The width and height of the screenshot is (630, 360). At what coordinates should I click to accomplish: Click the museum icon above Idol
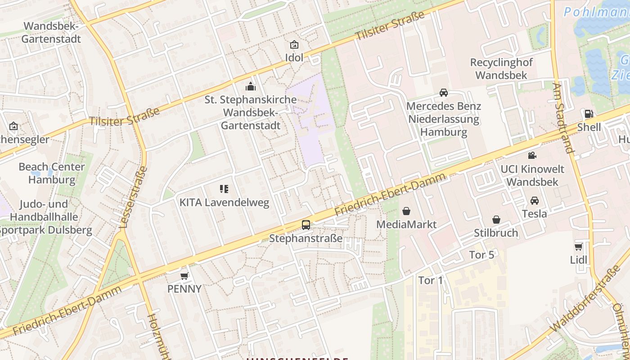coord(294,45)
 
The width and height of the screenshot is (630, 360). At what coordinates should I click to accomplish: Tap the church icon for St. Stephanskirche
coord(251,86)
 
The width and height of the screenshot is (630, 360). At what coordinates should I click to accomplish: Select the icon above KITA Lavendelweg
coord(224,189)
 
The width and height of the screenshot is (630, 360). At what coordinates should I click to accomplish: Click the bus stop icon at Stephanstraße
coord(306,225)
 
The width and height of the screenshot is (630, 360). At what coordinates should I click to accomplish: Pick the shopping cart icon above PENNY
coord(184,275)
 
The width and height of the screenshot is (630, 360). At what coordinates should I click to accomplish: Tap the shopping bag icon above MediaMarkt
coord(406,211)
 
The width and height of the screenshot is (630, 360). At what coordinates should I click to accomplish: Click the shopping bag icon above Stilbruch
coord(496,220)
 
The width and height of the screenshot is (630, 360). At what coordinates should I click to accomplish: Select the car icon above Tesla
coord(534,200)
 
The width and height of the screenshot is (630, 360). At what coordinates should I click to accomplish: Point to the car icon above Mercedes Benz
coord(443,93)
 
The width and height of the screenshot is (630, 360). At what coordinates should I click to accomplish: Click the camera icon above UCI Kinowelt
coord(532,156)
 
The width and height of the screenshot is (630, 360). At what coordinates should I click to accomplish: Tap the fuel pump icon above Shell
coord(589,114)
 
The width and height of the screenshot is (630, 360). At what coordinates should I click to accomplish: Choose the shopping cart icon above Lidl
coord(578,247)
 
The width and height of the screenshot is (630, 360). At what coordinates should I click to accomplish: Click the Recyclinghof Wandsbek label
coord(501,69)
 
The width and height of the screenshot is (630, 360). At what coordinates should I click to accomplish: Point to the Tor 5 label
coord(481,255)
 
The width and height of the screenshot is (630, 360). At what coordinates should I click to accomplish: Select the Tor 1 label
coord(431,280)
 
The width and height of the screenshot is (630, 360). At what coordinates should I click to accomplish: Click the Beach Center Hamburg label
coord(52,173)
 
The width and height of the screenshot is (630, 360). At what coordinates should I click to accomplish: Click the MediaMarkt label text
coord(406,224)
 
